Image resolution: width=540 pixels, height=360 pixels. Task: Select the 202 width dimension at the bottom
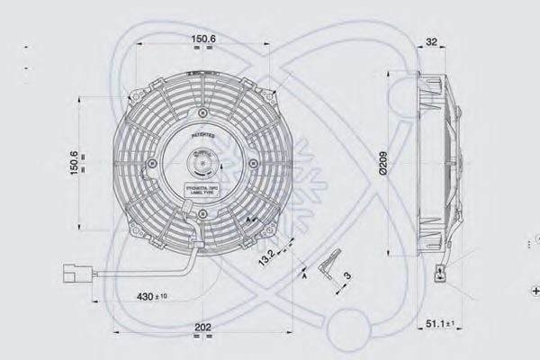204,328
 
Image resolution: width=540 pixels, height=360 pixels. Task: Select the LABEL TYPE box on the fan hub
202,190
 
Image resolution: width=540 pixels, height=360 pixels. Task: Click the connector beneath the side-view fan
442,271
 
